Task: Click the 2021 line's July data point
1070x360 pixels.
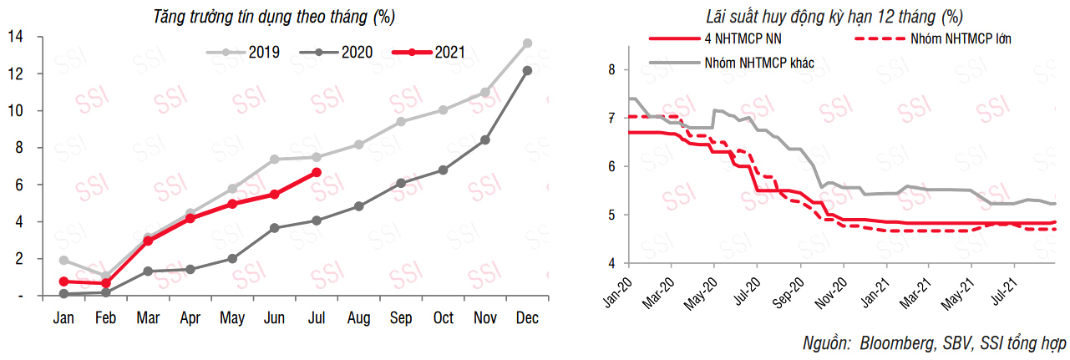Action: (316, 172)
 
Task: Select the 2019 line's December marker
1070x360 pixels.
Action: (527, 43)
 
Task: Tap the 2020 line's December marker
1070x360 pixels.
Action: (527, 70)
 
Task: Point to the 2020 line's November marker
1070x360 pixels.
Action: (484, 139)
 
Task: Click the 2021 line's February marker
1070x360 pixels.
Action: (105, 283)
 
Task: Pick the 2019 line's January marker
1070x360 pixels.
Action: (63, 260)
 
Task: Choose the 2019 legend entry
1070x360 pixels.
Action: (263, 52)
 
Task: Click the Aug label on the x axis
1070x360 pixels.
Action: (358, 318)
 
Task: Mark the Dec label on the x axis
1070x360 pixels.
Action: (527, 318)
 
